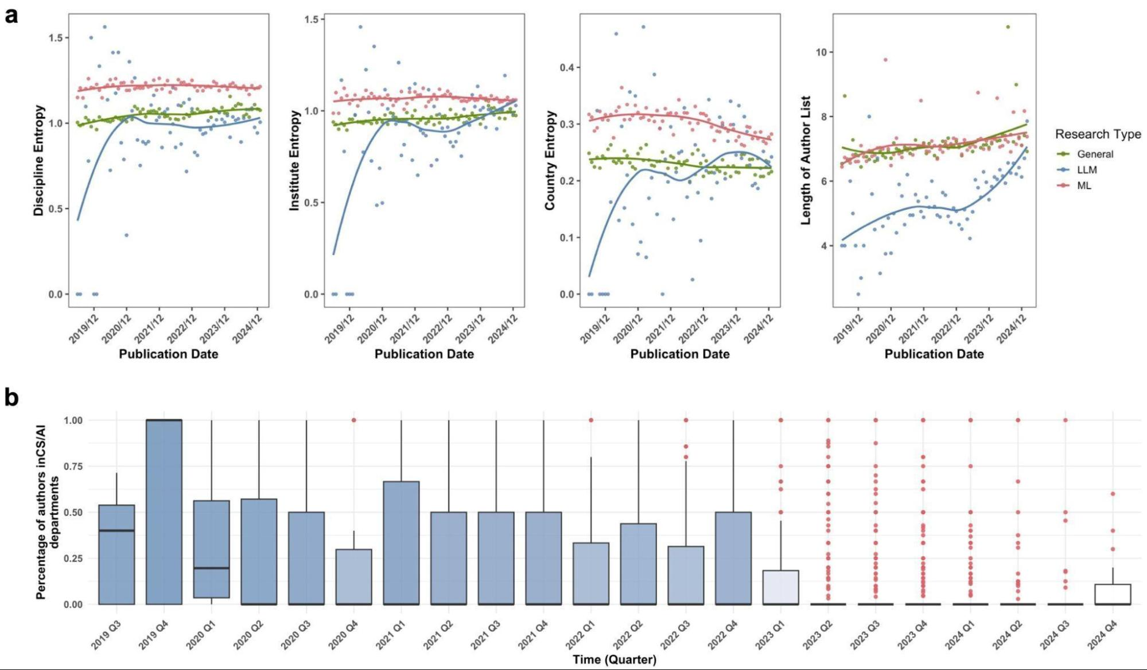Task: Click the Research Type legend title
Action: (x=1098, y=134)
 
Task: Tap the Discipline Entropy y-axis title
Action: (x=39, y=160)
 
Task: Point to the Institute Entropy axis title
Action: (x=294, y=161)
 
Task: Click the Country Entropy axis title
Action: (x=550, y=161)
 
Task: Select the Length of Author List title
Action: (x=806, y=160)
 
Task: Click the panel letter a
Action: (x=11, y=16)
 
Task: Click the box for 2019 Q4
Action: (x=164, y=512)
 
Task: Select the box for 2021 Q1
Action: (x=401, y=543)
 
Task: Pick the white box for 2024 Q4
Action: (x=1113, y=594)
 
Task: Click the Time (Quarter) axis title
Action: (x=614, y=660)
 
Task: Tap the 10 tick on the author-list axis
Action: (x=821, y=52)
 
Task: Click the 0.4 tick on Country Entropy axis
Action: (x=566, y=68)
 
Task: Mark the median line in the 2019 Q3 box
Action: (x=116, y=530)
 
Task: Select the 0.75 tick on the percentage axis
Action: (x=73, y=466)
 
